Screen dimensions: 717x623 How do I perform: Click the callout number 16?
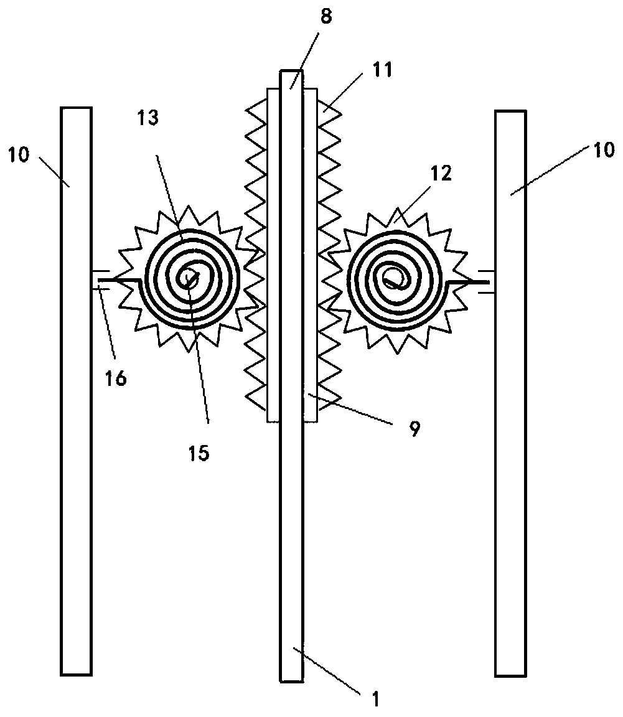(x=116, y=377)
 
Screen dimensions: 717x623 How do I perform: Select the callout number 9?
(x=414, y=428)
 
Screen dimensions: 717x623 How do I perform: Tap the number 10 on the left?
(x=19, y=154)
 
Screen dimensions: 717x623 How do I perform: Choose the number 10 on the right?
(x=602, y=149)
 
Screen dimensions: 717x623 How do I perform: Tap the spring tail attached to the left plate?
(x=112, y=281)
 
